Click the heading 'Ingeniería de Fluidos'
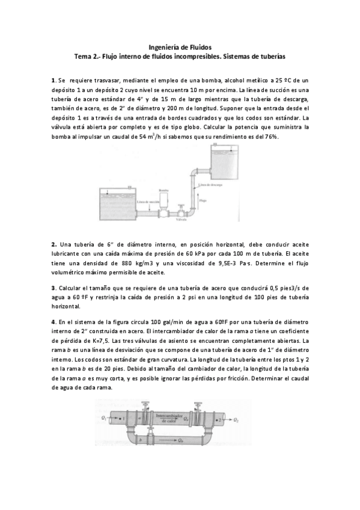point(180,46)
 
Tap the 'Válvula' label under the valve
point(182,220)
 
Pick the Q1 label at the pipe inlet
point(105,417)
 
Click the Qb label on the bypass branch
point(182,440)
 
